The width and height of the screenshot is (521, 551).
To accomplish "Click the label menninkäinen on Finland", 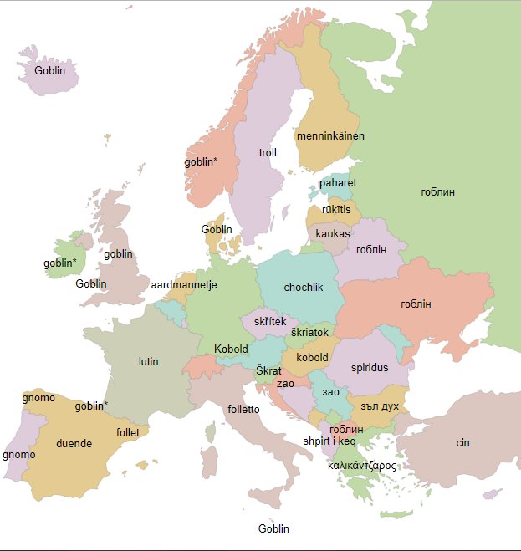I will pyautogui.click(x=330, y=135).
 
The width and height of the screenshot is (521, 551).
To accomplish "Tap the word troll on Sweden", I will pyautogui.click(x=268, y=153).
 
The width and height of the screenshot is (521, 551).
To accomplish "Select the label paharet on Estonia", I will pyautogui.click(x=338, y=183).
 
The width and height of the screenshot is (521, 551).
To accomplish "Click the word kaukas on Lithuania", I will pyautogui.click(x=333, y=233).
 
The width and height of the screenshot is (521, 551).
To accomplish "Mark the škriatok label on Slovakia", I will pyautogui.click(x=310, y=332).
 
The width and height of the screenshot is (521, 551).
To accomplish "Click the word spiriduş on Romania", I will pyautogui.click(x=370, y=367).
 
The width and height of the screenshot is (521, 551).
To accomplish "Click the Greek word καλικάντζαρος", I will pyautogui.click(x=361, y=466).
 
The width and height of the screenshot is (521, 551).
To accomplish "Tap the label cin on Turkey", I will pyautogui.click(x=462, y=442).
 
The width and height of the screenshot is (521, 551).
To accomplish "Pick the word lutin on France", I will pyautogui.click(x=148, y=362).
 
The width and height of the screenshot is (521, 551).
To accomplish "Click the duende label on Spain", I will pyautogui.click(x=74, y=444).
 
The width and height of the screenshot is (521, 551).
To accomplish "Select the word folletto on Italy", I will pyautogui.click(x=243, y=410).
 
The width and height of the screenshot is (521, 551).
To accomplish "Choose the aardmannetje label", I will pyautogui.click(x=184, y=285).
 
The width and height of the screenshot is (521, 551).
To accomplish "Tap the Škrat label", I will pyautogui.click(x=268, y=370).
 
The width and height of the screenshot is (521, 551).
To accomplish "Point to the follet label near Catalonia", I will pyautogui.click(x=128, y=433).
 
